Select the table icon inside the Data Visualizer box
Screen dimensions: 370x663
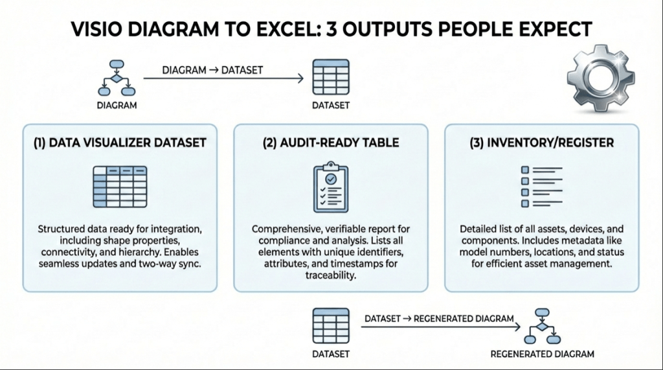pos(119,187)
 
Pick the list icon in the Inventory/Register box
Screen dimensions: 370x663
pos(541,187)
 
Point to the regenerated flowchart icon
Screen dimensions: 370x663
pos(541,327)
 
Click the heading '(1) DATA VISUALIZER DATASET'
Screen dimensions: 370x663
pos(120,142)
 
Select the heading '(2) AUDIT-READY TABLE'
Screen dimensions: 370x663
pos(330,142)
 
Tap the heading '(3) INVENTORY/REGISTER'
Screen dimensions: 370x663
pos(541,142)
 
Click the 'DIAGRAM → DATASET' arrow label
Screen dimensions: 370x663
pos(212,70)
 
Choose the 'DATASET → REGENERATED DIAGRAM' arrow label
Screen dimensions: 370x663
pos(439,319)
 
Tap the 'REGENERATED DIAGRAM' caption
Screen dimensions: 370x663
pos(541,354)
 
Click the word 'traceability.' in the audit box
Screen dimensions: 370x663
pos(330,275)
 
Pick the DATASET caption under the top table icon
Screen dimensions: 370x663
pos(331,105)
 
